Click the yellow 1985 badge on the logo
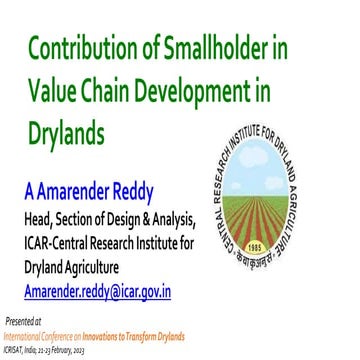(281, 243)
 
